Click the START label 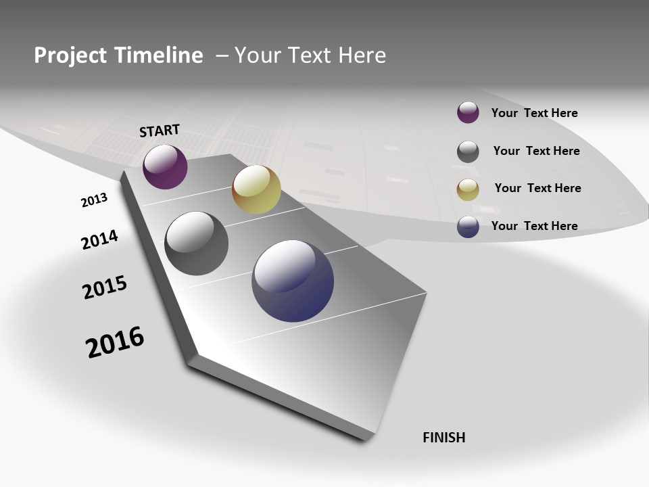click(160, 131)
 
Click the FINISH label click(444, 438)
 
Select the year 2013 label click(95, 200)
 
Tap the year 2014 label click(100, 240)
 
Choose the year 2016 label click(115, 342)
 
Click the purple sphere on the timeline click(165, 167)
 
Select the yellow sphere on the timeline click(256, 189)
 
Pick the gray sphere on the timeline click(197, 243)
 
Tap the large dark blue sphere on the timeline click(293, 281)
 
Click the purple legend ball click(468, 112)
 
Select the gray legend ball click(468, 152)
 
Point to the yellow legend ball click(468, 189)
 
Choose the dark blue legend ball click(468, 227)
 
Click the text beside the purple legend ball click(534, 113)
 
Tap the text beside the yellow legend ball click(537, 188)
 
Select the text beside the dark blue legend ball click(534, 226)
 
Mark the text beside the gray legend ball click(536, 151)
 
